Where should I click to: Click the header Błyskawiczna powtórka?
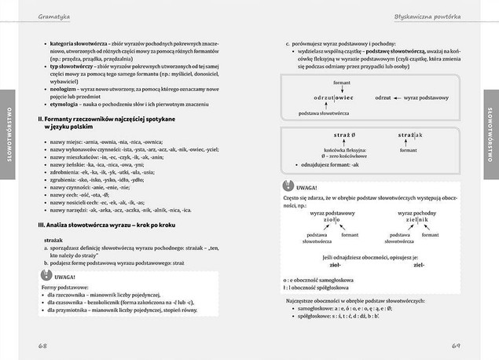[427, 17]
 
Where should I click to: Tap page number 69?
[455, 346]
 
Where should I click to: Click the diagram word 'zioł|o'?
[331, 220]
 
